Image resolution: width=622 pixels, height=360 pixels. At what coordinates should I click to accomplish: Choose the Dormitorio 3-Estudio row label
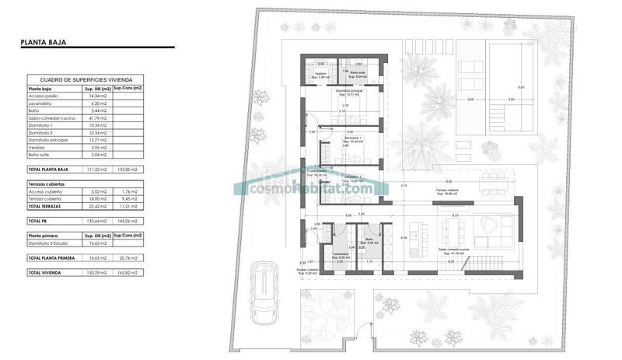click(x=51, y=243)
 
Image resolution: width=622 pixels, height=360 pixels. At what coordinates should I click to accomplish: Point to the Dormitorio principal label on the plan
click(x=349, y=92)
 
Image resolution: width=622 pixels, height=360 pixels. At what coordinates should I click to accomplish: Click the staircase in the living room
click(x=488, y=264)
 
